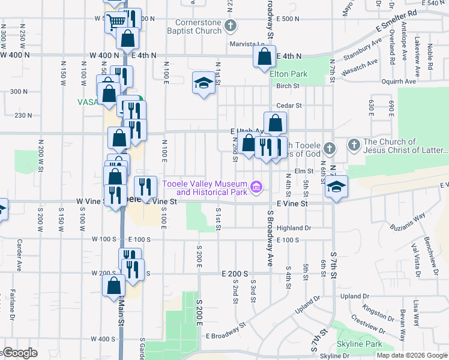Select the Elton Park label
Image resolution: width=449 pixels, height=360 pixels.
pos(289,74)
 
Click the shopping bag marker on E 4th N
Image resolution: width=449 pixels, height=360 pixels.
pos(264,58)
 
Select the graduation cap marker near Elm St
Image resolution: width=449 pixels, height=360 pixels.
pos(337,186)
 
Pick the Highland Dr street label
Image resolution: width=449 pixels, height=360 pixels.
pos(294,228)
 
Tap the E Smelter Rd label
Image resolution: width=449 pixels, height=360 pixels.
pos(396,20)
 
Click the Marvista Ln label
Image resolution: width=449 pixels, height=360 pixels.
pos(247,44)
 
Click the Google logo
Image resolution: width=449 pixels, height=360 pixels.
pos(19,352)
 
